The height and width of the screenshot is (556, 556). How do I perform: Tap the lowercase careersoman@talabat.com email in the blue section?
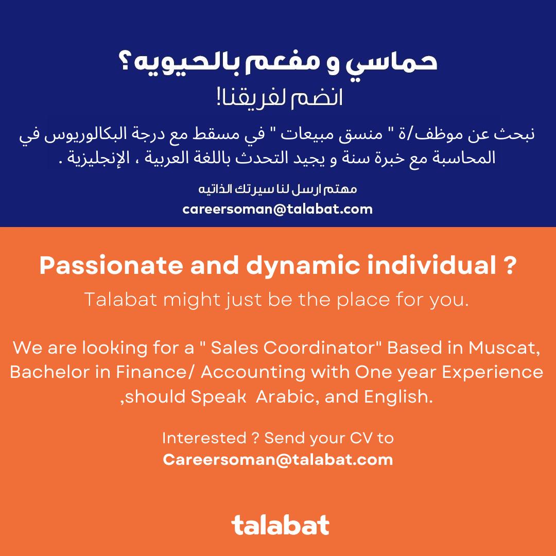tap(277, 209)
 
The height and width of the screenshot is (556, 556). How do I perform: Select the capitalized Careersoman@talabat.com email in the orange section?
tap(278, 460)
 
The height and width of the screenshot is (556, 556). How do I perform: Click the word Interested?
tap(204, 438)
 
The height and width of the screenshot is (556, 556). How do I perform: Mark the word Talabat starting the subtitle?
tap(120, 300)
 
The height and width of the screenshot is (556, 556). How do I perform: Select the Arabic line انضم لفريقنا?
tap(280, 98)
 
